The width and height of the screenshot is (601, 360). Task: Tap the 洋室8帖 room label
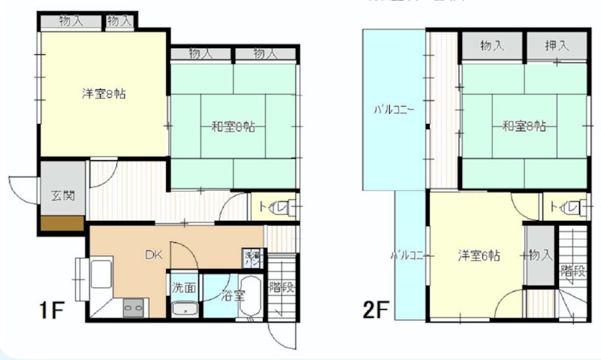(x=104, y=95)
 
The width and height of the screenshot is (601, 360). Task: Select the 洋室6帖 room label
(x=479, y=256)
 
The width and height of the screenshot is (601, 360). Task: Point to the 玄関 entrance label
(x=62, y=197)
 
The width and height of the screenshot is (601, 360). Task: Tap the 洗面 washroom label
(x=184, y=287)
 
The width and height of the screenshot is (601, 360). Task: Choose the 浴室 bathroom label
(x=234, y=295)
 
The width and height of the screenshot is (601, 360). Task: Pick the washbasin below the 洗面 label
(x=184, y=309)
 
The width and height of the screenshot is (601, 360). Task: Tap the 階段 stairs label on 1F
(x=281, y=286)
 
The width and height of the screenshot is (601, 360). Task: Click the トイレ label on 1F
(x=271, y=206)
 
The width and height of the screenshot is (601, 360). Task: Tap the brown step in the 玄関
(x=62, y=223)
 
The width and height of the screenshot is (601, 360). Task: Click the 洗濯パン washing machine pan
(x=252, y=259)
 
